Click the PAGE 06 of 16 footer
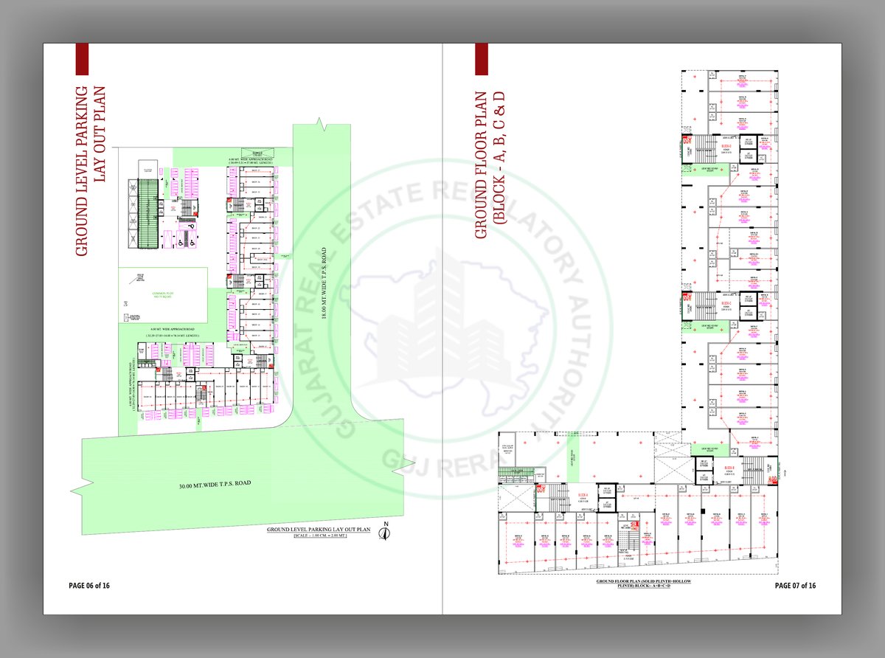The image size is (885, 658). point(89,586)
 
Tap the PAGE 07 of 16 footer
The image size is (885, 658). point(795,586)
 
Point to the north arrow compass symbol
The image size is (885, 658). point(384,532)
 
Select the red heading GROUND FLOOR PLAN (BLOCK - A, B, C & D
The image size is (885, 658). point(488,164)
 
